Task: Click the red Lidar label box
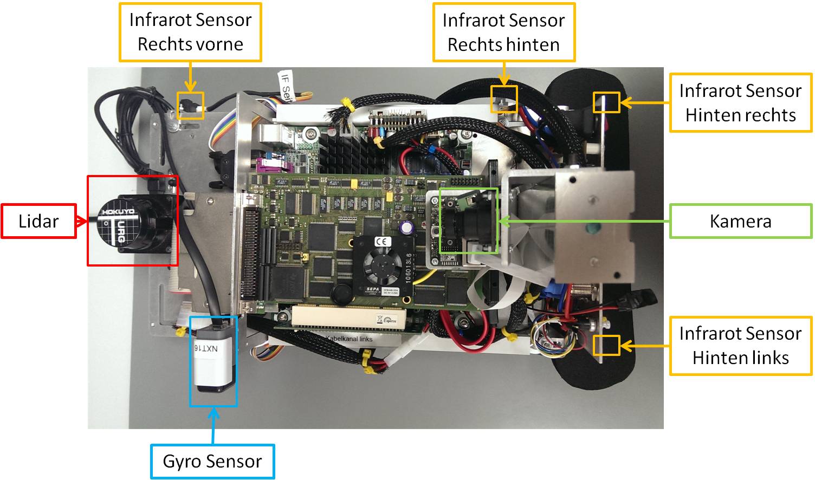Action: click(38, 221)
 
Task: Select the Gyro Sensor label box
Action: click(212, 462)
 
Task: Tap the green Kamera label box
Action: click(740, 221)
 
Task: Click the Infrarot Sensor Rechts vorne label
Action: click(190, 32)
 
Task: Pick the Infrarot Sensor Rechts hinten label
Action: click(503, 33)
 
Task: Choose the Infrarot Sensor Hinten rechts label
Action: click(740, 103)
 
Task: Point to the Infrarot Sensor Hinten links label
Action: click(740, 346)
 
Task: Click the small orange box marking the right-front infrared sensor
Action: click(190, 106)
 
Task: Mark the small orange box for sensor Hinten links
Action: click(606, 345)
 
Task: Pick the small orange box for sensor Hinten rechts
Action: click(606, 102)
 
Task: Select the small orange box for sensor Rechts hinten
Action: click(504, 99)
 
